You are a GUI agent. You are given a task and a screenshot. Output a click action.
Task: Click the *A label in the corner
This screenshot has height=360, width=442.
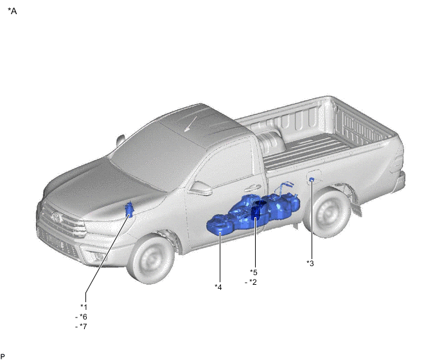[x=12, y=11]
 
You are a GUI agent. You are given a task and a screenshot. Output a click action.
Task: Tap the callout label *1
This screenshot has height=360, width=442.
[x=84, y=307]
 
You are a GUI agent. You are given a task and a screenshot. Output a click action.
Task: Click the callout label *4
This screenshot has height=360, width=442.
[x=218, y=287]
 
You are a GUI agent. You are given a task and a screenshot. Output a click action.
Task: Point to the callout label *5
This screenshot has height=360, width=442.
[x=254, y=273]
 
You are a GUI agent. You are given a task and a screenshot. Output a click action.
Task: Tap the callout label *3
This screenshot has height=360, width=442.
[x=310, y=263]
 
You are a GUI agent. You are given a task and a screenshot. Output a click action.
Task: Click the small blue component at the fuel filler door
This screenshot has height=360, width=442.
[x=312, y=179]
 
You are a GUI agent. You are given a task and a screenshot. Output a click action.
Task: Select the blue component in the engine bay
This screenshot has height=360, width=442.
[x=129, y=210]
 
